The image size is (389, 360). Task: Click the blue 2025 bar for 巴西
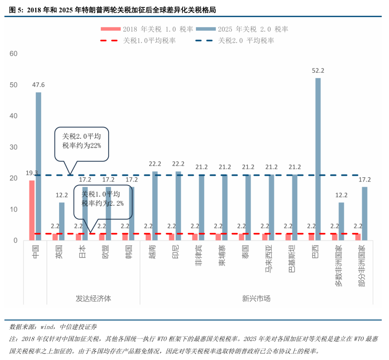pyautogui.click(x=318, y=159)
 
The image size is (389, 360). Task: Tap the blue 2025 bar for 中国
pyautogui.click(x=39, y=166)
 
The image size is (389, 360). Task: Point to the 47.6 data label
pyautogui.click(x=38, y=85)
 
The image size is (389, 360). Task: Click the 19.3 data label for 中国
pyautogui.click(x=32, y=173)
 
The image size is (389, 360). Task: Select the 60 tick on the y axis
pyautogui.click(x=13, y=54)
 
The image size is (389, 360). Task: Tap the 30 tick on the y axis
pyautogui.click(x=13, y=147)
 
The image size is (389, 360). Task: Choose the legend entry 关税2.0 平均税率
pyautogui.click(x=234, y=41)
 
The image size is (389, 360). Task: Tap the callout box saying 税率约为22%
pyautogui.click(x=81, y=143)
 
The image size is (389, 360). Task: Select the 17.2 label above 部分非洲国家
pyautogui.click(x=364, y=179)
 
